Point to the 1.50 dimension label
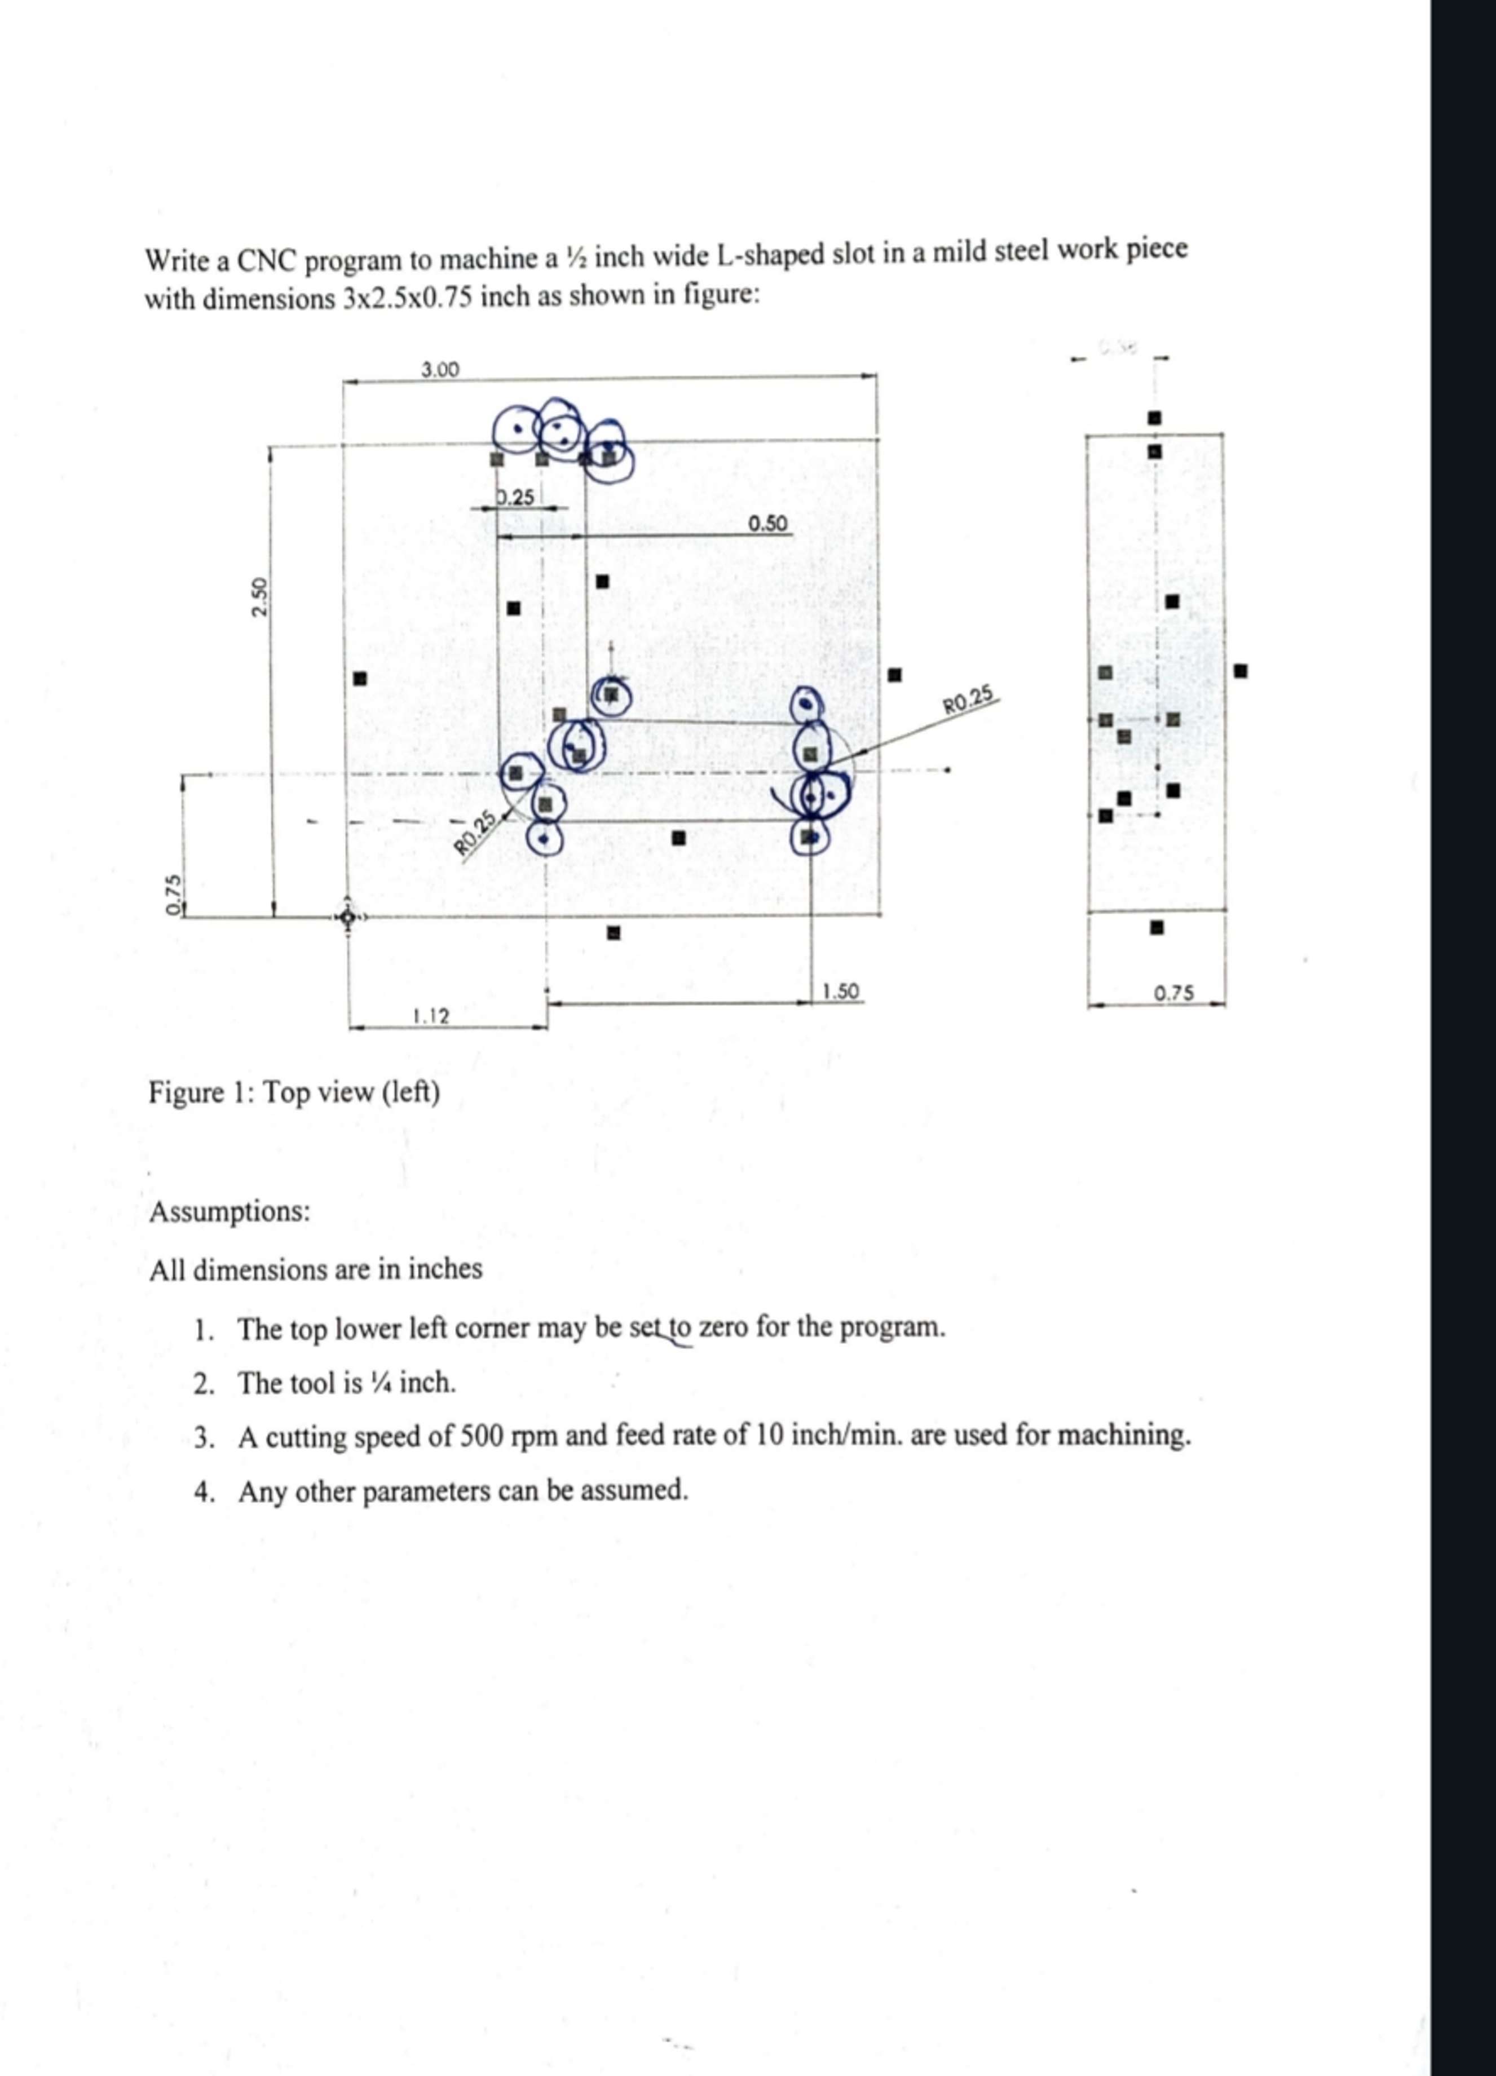tap(840, 991)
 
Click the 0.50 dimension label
tap(767, 524)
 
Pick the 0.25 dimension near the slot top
tap(515, 498)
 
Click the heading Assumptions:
tap(230, 1211)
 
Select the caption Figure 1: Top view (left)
tap(294, 1092)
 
